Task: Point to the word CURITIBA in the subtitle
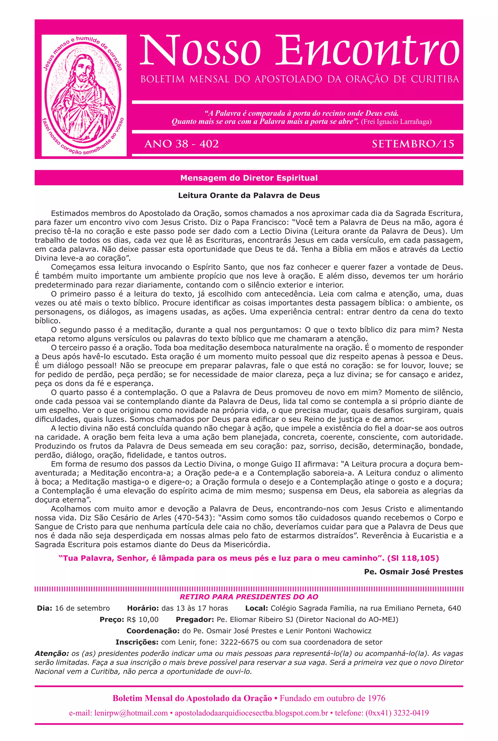(x=435, y=79)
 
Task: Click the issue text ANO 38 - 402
(x=181, y=144)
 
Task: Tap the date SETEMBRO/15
(x=413, y=144)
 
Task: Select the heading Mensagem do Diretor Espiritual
(x=249, y=178)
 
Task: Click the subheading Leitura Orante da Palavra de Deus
(x=249, y=195)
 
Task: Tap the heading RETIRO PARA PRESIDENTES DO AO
(x=249, y=597)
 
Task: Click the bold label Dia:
(x=44, y=608)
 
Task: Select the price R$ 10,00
(x=142, y=619)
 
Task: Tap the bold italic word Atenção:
(x=52, y=654)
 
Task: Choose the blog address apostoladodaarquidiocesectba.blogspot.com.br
(x=251, y=713)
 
